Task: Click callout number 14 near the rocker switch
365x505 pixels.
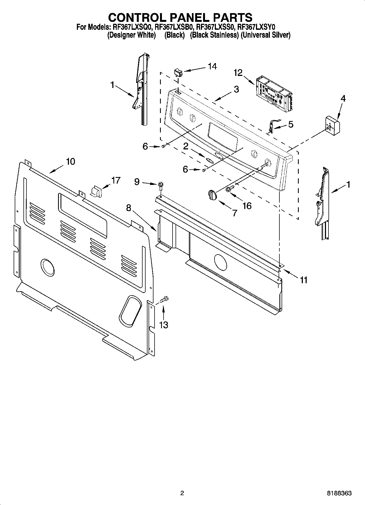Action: pos(212,66)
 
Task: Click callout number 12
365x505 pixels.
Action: pos(238,73)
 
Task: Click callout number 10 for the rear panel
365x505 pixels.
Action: pos(70,161)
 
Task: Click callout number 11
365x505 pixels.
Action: pos(303,280)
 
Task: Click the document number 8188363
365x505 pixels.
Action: pos(339,493)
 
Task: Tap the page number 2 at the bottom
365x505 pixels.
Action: pos(182,493)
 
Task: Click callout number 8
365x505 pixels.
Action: pos(129,208)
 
